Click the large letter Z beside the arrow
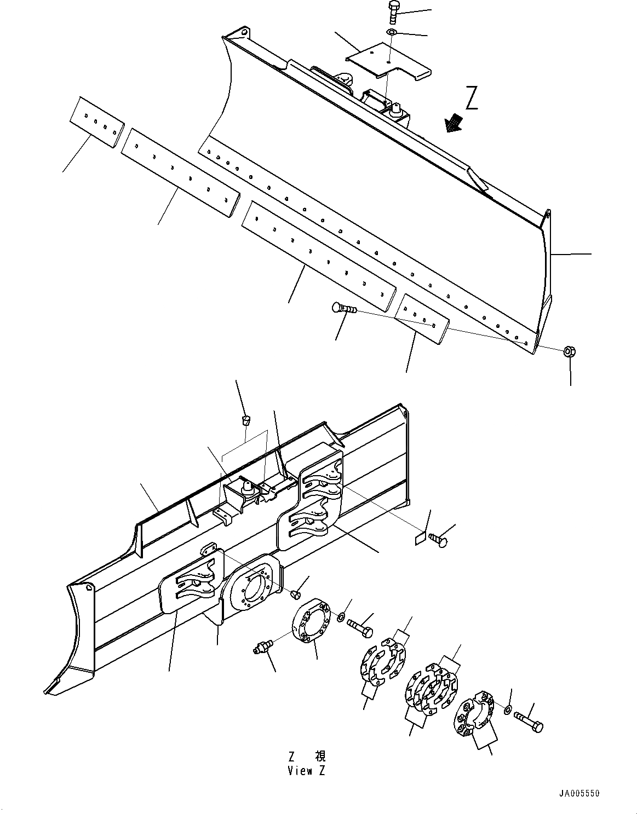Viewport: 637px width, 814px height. click(472, 99)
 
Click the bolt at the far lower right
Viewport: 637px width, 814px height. click(529, 724)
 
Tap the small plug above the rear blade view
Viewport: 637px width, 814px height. click(246, 420)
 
